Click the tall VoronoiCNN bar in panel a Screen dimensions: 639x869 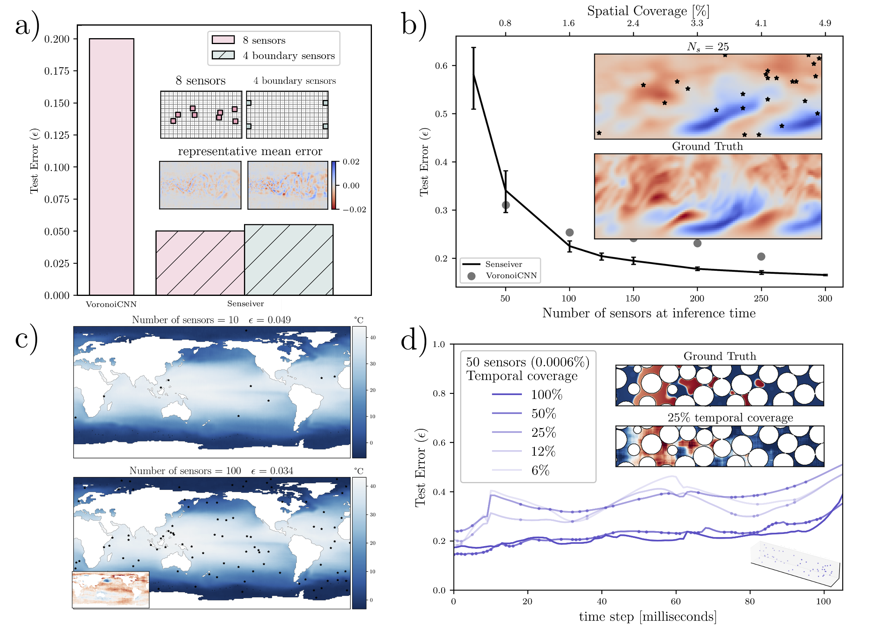(111, 165)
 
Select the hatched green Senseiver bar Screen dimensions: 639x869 (288, 260)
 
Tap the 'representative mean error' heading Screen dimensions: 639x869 (250, 151)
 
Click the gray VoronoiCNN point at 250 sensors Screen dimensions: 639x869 (761, 257)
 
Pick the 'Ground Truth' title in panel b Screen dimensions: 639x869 (707, 146)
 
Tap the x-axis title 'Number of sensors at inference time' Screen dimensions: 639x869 (649, 313)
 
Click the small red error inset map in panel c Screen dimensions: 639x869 (111, 589)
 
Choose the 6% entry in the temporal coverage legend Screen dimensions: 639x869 (540, 470)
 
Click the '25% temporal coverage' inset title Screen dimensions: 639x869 (730, 418)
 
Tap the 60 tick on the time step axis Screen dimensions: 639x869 (676, 601)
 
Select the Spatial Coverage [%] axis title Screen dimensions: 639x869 (648, 11)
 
